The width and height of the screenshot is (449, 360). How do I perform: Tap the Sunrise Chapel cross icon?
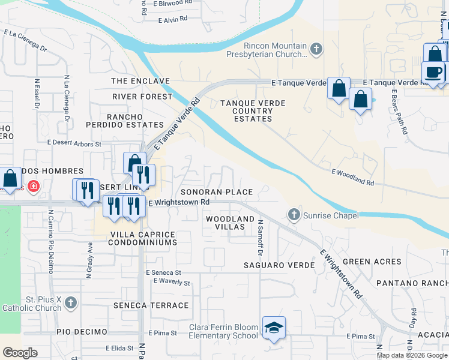coord(294,214)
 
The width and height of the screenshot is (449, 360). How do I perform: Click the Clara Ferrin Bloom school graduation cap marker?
coord(274,328)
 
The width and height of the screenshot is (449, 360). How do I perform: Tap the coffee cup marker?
coord(433,72)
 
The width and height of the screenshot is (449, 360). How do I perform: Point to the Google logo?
coord(20,353)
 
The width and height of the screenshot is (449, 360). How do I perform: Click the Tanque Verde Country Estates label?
coord(253,111)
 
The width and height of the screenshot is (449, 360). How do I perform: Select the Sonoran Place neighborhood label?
coord(217,192)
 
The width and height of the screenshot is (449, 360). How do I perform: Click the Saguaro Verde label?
coord(279,265)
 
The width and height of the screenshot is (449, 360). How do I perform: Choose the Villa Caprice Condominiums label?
coord(143,238)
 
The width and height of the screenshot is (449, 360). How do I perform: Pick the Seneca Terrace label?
coord(151,305)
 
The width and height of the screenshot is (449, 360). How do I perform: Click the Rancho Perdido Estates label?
coord(135,121)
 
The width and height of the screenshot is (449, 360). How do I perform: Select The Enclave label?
coord(140,81)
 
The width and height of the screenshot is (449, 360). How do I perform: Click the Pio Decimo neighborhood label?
coord(82,332)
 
